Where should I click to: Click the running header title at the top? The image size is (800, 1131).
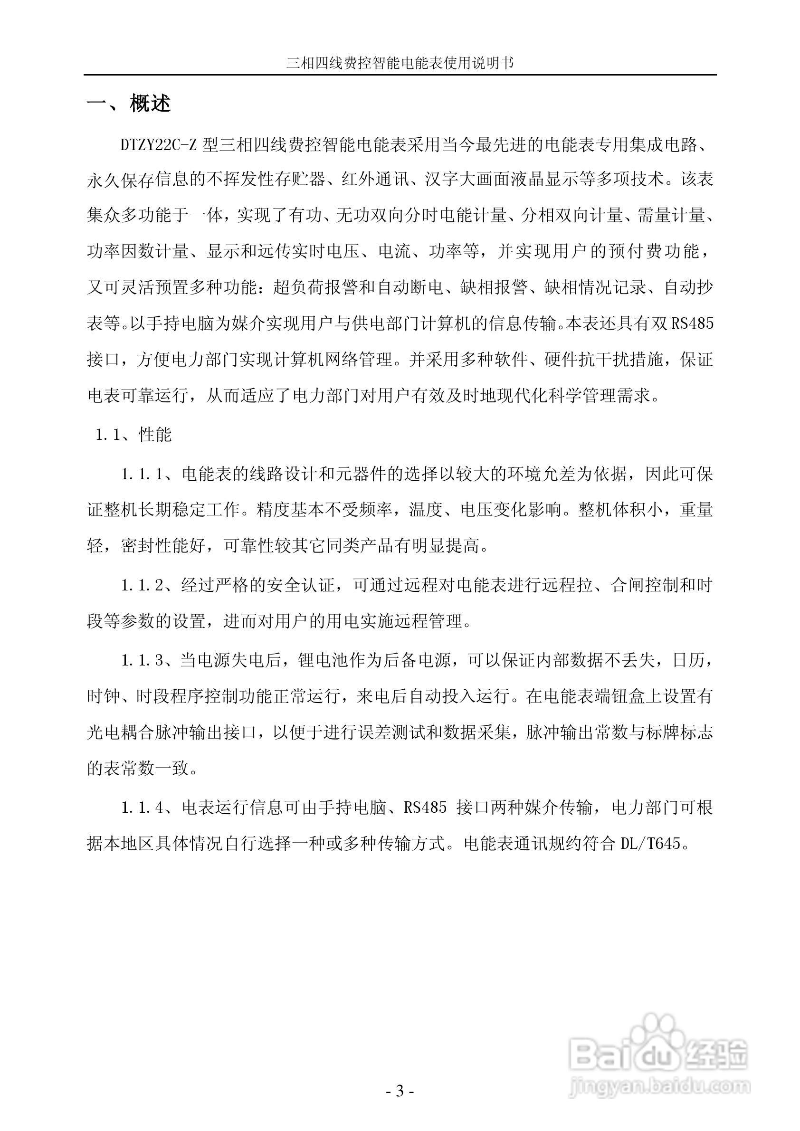point(400,64)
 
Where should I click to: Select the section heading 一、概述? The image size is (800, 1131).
point(129,104)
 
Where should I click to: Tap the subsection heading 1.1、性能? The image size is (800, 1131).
point(133,435)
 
